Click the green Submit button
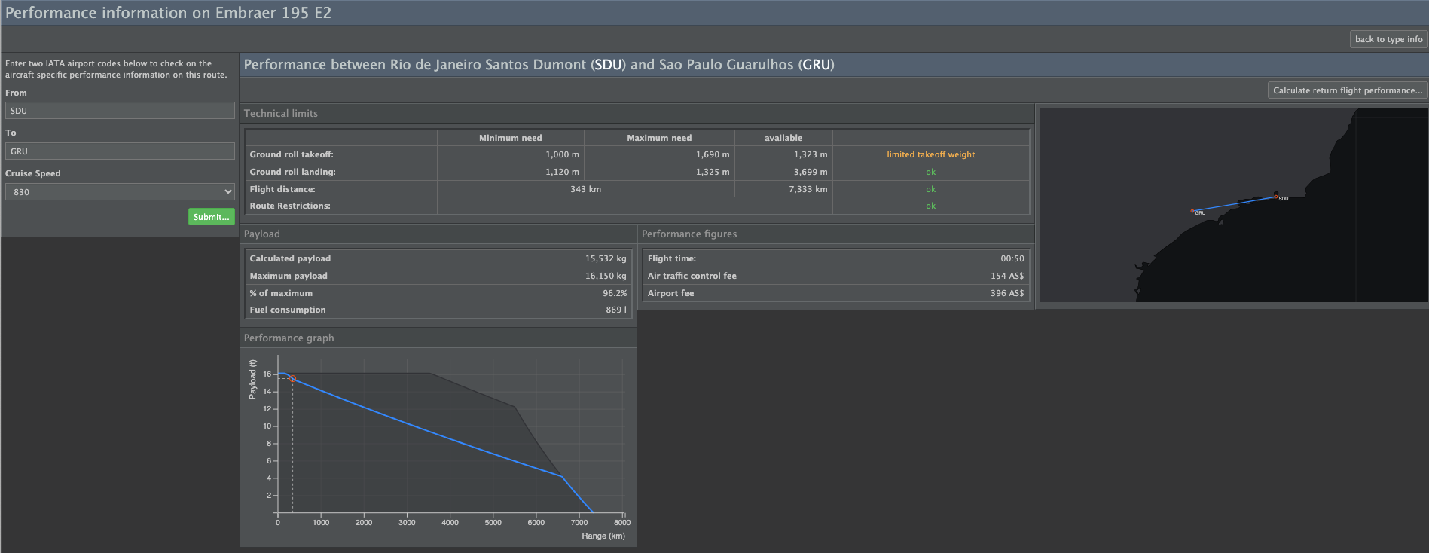(211, 217)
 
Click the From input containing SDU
(120, 111)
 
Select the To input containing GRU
(120, 151)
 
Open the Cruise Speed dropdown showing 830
(120, 192)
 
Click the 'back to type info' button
(1388, 39)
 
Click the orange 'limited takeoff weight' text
(930, 154)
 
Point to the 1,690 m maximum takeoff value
(713, 154)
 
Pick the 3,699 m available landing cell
(811, 172)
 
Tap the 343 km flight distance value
(585, 189)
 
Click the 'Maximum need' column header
(659, 138)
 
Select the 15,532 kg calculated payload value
(606, 258)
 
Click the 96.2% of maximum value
(615, 293)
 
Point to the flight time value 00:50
(1012, 258)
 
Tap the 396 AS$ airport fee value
(1007, 293)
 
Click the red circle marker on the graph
(293, 379)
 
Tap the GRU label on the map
(1200, 213)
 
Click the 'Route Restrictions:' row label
(290, 206)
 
